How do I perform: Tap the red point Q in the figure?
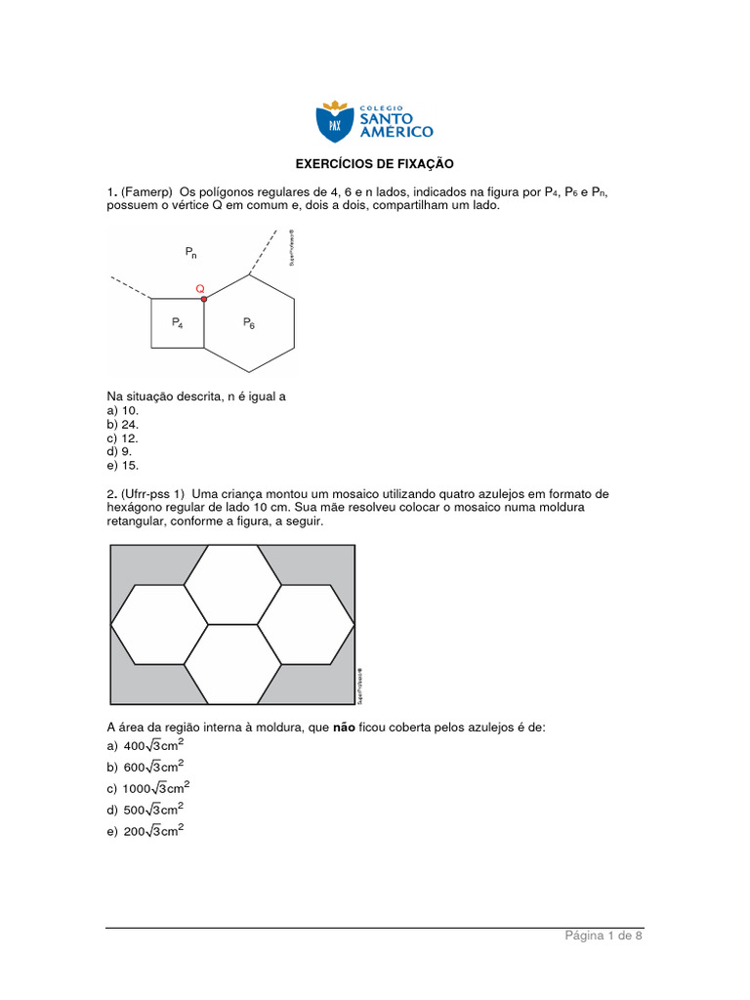[x=203, y=298]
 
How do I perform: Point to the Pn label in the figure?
[x=191, y=252]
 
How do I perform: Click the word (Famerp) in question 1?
[x=147, y=192]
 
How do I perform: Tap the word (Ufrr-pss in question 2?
[x=148, y=494]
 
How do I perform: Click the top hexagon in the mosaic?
[x=233, y=584]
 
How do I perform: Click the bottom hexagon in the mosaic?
[x=233, y=664]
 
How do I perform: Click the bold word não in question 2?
[x=344, y=728]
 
